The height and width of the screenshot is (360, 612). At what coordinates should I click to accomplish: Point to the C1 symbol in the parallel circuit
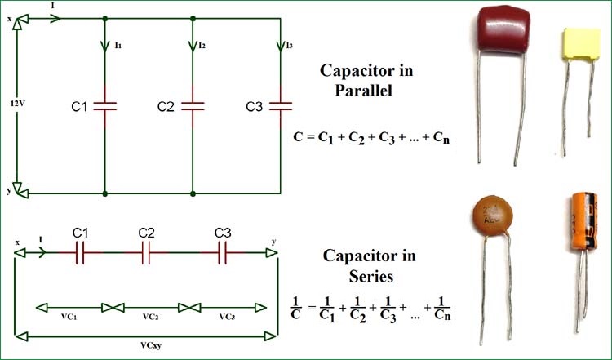[106, 106]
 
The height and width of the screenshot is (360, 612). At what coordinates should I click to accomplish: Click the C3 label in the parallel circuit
[255, 106]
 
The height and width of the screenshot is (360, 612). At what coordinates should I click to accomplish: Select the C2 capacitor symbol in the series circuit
[147, 254]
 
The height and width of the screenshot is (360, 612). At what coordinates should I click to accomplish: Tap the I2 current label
[200, 46]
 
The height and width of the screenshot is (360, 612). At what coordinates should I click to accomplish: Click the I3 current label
[287, 46]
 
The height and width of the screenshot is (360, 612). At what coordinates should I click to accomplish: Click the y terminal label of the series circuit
[273, 242]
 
